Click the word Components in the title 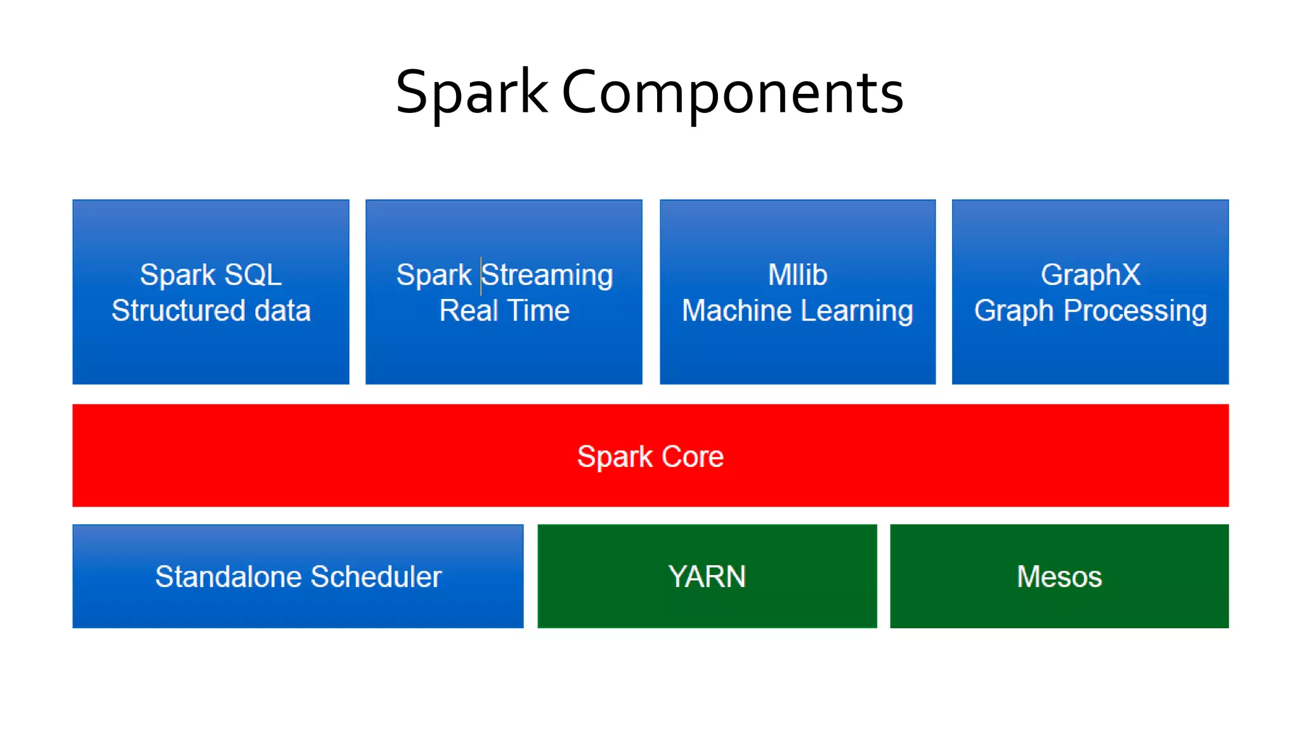pos(733,93)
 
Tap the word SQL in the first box pos(253,275)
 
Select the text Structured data pos(211,311)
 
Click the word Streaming pos(548,275)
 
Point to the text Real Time pos(504,311)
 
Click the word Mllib pos(797,275)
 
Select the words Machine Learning pos(797,311)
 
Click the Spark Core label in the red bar pos(650,456)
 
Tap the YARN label pos(707,577)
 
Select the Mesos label pos(1059,577)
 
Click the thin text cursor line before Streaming pos(481,276)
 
